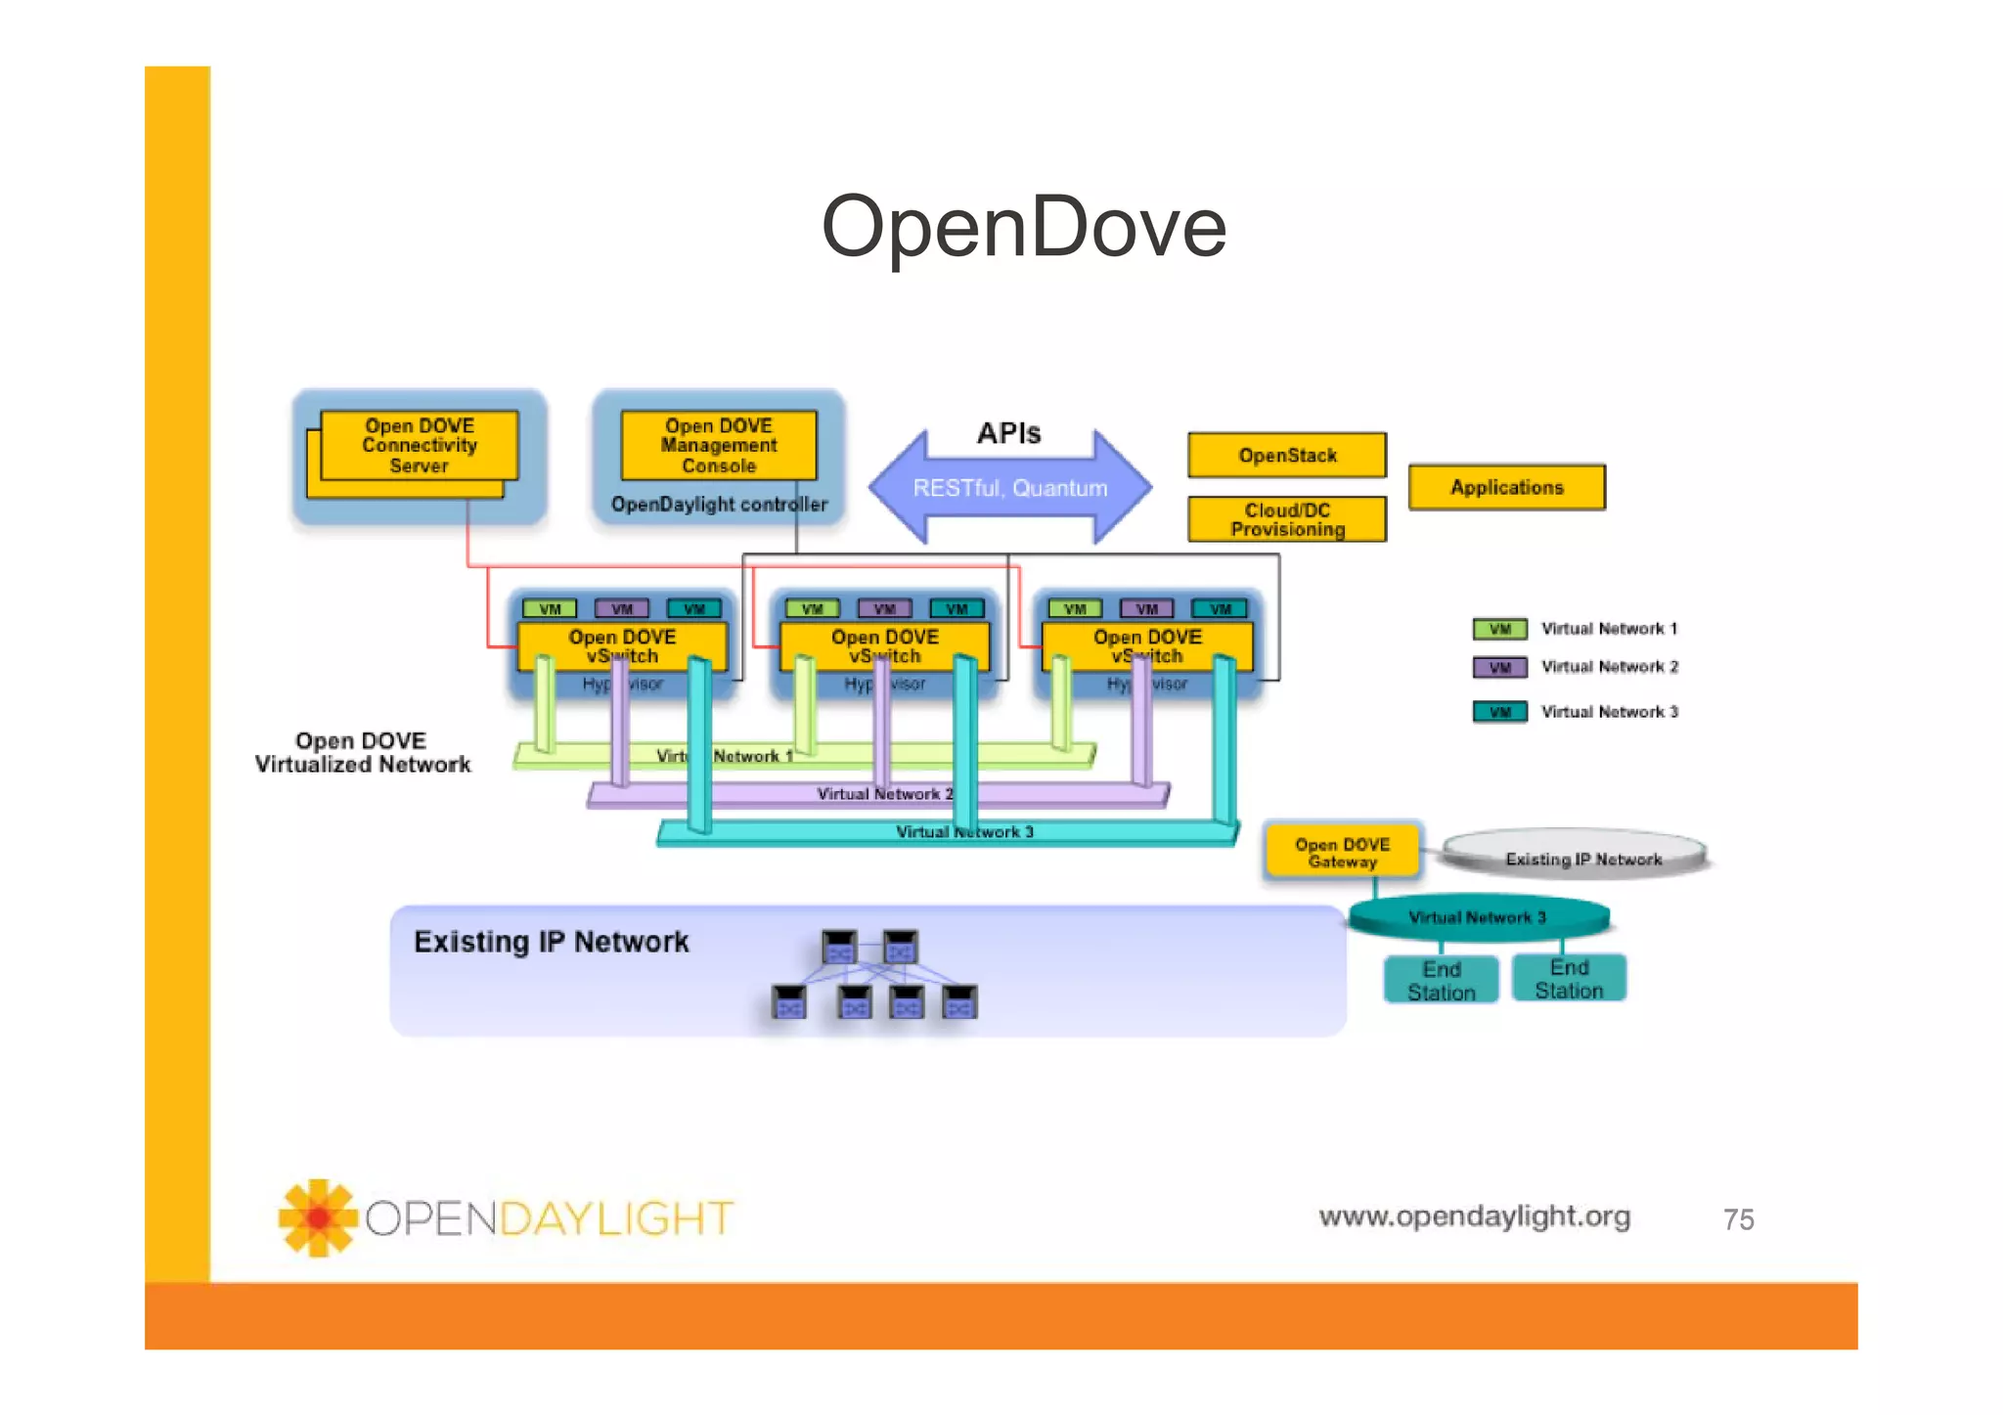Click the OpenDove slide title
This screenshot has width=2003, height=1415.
(1023, 227)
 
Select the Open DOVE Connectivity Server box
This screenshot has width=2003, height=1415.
(419, 446)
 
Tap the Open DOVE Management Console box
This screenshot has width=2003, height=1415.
(718, 446)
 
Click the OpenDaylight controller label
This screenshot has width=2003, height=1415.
(718, 505)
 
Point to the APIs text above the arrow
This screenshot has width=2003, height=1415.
(1008, 433)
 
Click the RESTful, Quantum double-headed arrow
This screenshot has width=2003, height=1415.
(1009, 488)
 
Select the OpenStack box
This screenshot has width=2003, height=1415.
(1286, 456)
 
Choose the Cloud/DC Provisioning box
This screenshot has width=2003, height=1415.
(1286, 520)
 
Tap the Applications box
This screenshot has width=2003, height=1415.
(1506, 487)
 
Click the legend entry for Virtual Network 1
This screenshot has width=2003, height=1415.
(1575, 629)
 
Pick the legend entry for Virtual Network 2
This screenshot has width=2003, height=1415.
(1575, 667)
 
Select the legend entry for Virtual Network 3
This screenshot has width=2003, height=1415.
(1575, 712)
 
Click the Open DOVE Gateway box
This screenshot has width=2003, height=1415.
(1342, 852)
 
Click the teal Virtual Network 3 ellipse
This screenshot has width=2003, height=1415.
(1477, 917)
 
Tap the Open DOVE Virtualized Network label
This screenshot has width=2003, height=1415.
(362, 753)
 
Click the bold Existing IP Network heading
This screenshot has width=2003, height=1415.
(551, 942)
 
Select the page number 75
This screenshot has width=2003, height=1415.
(1738, 1219)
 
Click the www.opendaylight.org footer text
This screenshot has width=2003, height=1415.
(1474, 1216)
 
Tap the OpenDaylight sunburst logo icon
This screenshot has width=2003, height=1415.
(317, 1217)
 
